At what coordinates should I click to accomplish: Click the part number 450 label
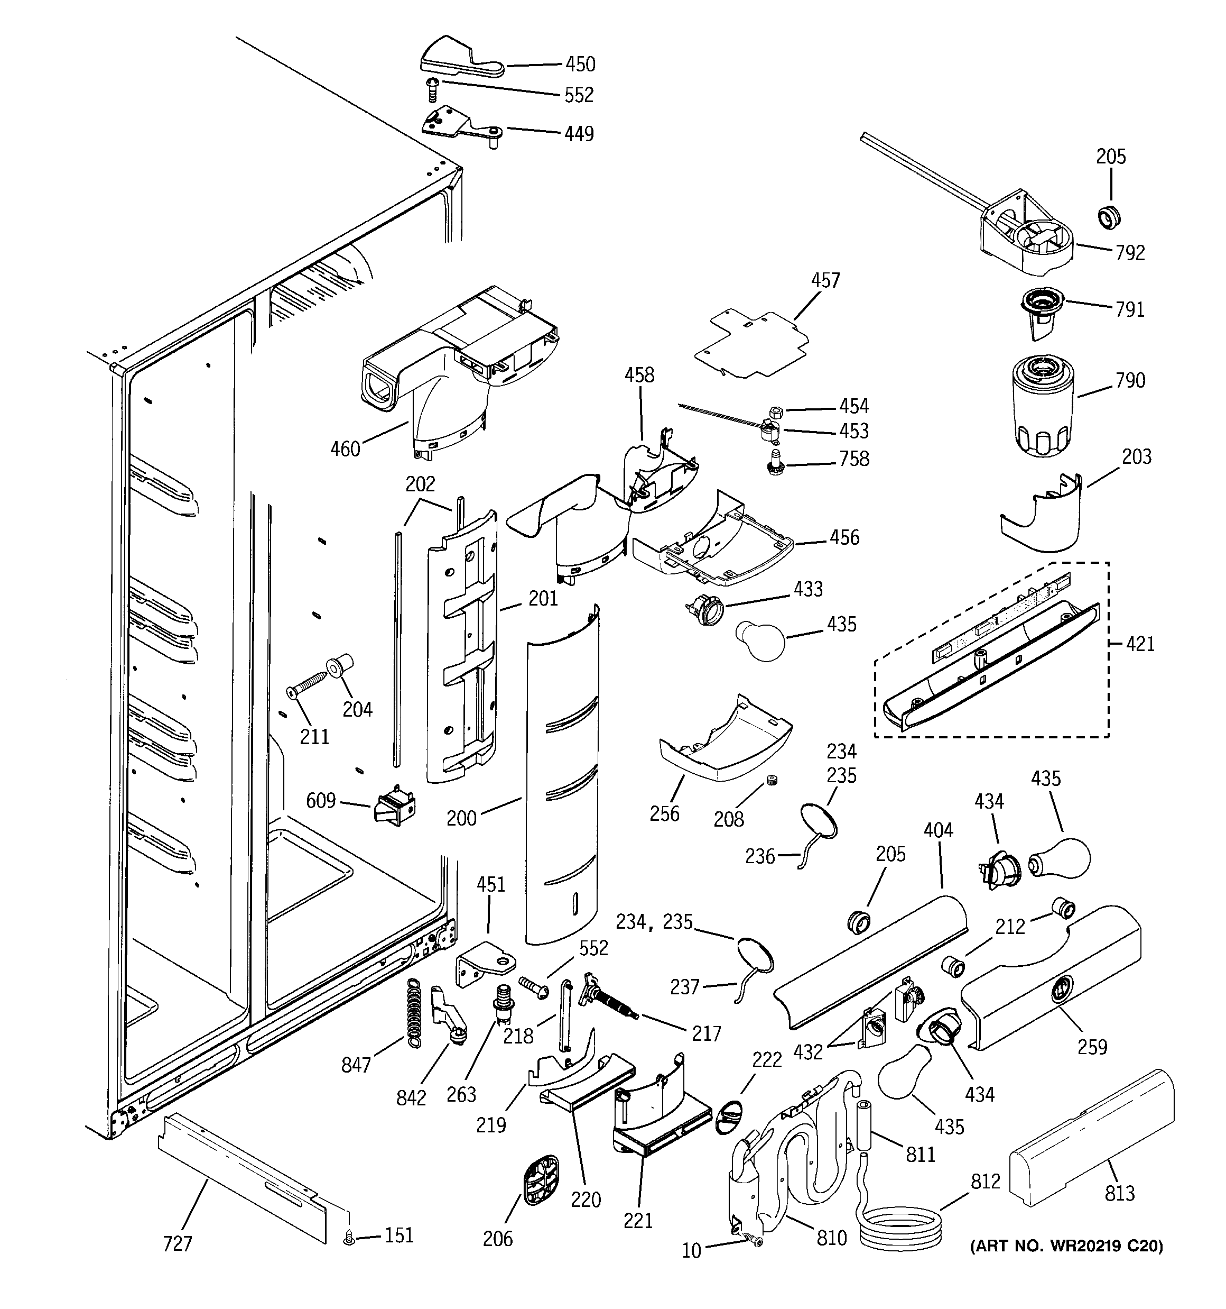[580, 64]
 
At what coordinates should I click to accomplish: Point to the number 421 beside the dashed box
[1140, 644]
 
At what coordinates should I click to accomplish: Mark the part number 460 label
[345, 449]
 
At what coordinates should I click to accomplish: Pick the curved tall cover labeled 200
[563, 777]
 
